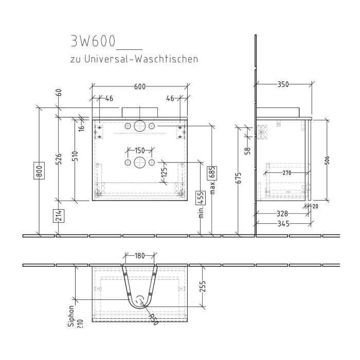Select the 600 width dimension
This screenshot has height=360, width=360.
139,86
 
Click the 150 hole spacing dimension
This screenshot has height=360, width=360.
139,151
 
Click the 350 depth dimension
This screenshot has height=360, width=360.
283,84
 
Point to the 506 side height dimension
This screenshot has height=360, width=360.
327,160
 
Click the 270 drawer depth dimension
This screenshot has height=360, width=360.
286,173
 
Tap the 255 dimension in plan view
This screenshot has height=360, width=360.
203,286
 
